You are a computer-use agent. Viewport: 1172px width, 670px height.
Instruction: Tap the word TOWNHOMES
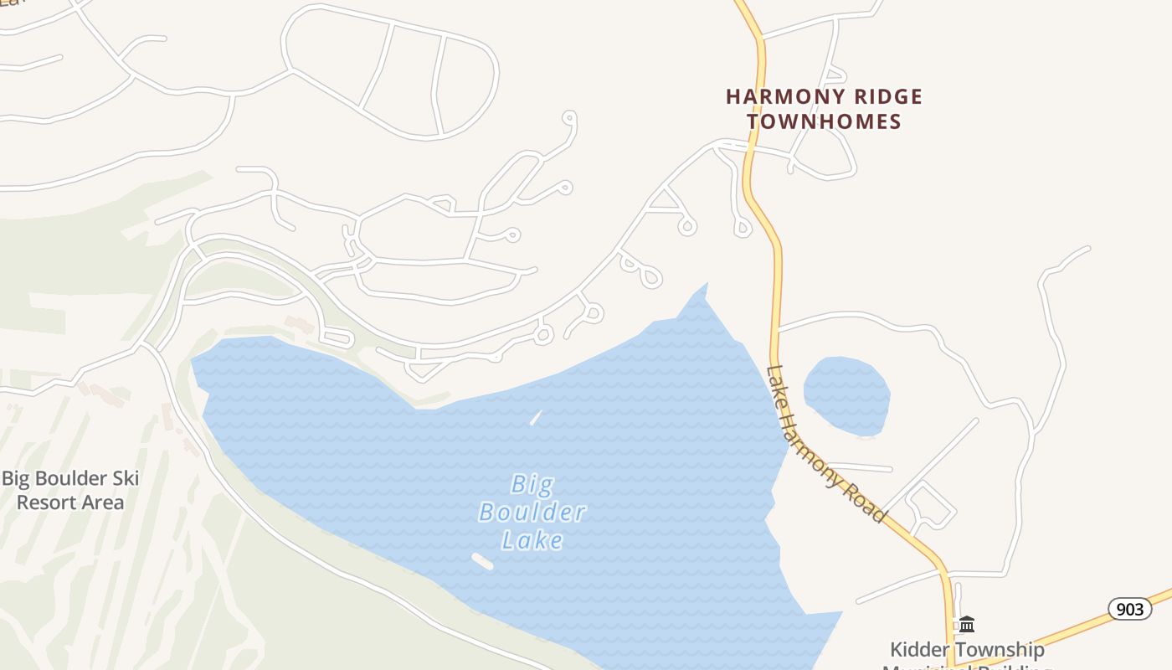824,121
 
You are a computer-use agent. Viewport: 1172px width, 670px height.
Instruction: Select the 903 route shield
1129,609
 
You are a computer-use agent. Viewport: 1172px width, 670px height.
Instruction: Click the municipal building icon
967,624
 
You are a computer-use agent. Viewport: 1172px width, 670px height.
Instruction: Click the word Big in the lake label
532,484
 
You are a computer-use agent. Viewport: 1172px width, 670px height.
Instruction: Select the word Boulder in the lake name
532,512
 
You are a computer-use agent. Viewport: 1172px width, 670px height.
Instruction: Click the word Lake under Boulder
532,540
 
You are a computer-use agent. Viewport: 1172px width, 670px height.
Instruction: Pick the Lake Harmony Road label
825,445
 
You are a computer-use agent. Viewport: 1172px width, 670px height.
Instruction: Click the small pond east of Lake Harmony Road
846,394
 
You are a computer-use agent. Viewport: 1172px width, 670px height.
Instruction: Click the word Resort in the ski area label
46,502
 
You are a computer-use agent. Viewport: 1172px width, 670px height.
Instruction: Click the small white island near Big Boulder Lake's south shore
482,561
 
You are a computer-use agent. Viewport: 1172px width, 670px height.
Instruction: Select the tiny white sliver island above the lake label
536,417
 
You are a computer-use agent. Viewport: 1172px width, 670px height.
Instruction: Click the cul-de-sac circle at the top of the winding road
569,118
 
